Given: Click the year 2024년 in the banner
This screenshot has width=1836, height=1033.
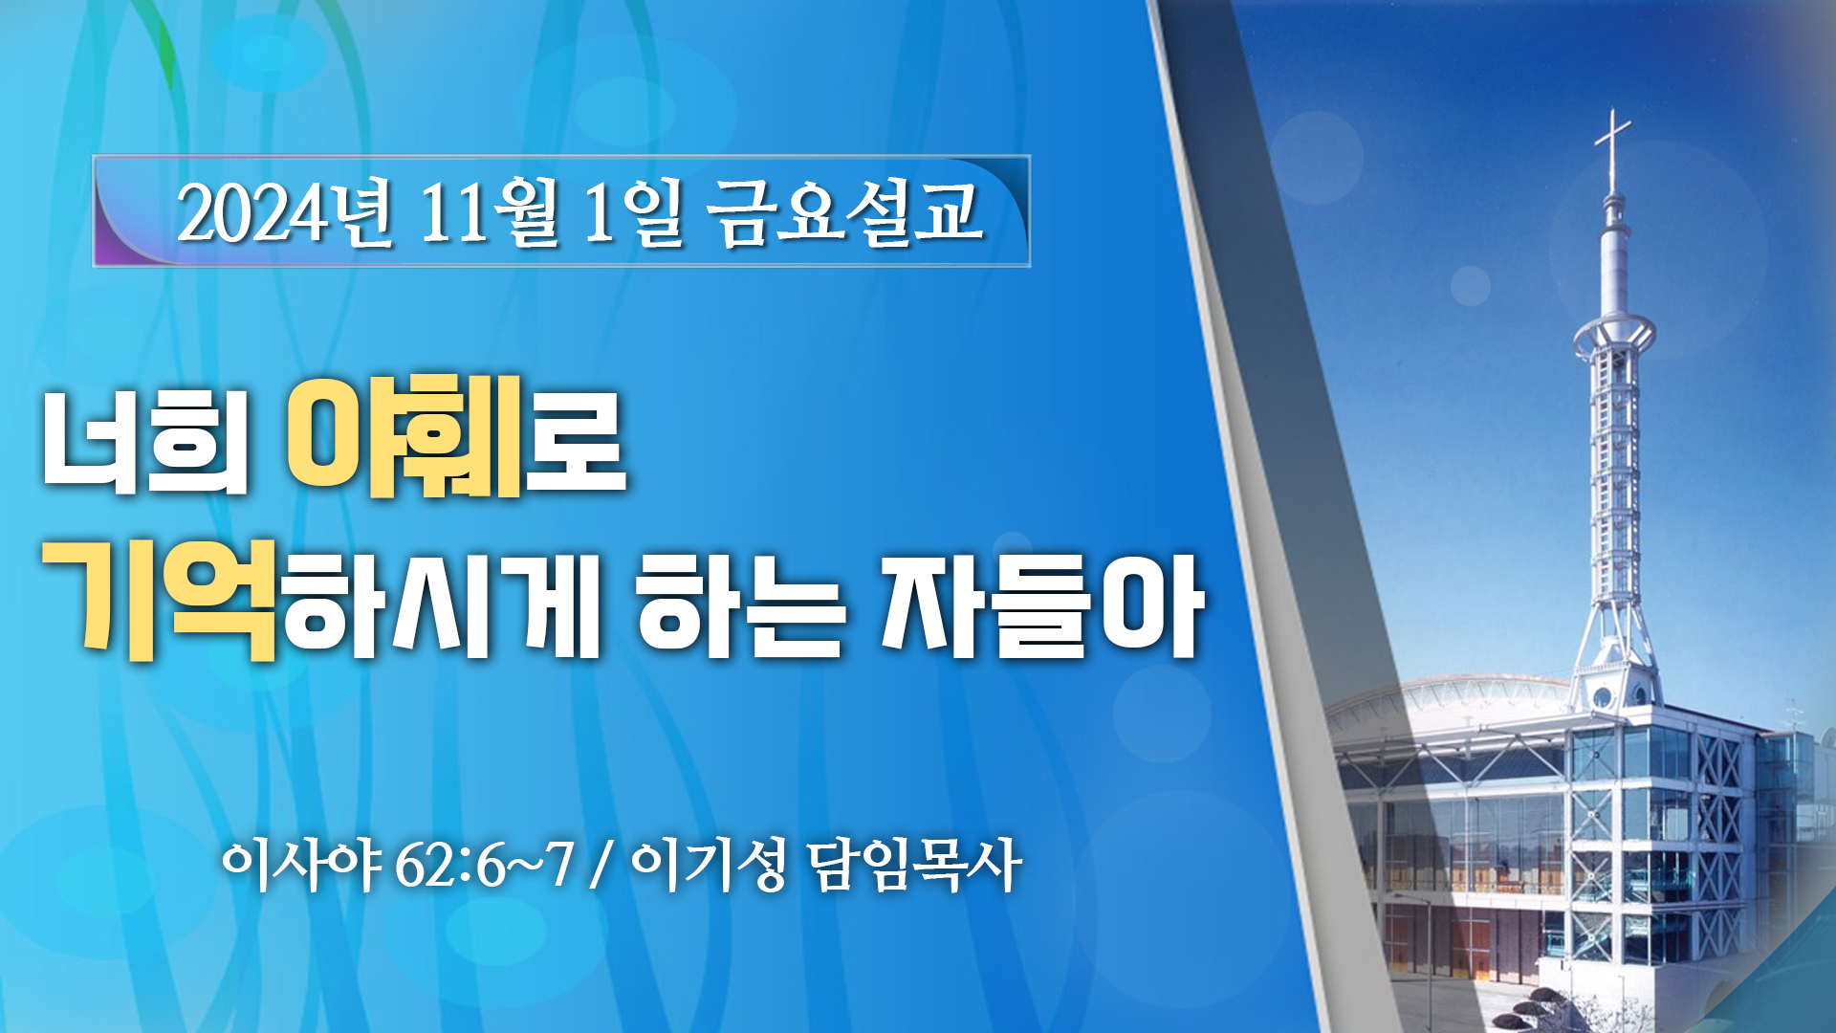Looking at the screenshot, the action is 285,212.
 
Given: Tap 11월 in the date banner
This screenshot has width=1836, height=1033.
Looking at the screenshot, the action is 489,212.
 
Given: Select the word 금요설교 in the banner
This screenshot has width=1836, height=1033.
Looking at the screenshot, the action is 844,212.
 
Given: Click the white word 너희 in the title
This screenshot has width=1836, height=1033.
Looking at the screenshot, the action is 144,442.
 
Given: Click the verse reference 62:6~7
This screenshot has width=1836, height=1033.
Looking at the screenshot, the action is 484,867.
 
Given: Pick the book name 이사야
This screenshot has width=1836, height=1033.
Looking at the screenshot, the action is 301,867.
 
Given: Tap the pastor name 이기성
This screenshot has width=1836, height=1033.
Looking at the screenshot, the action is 709,867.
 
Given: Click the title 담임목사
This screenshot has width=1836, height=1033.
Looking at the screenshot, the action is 914,867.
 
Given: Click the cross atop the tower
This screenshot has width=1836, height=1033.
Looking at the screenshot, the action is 1613,148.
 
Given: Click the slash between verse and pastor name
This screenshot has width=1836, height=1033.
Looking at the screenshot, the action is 601,867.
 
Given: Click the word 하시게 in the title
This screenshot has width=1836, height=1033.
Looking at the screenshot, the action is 441,605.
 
